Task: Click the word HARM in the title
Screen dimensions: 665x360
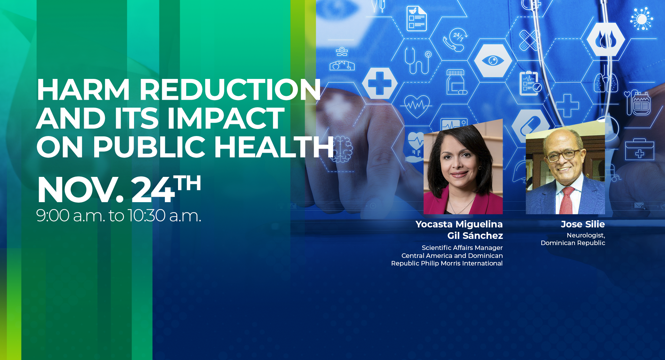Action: pos(83,90)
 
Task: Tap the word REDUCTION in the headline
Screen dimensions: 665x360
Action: pos(230,90)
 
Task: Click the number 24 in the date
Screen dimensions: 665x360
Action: pos(153,190)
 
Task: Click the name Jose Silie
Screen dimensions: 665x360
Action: pos(583,224)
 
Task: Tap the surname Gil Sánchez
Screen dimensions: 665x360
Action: pos(475,236)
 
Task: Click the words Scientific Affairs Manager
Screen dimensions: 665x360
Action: pos(462,248)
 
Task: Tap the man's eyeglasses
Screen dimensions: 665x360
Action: pos(564,155)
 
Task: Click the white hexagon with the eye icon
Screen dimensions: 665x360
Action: pos(493,61)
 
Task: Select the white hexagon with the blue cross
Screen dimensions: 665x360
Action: pos(380,83)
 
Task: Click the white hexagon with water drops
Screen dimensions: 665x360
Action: pos(606,39)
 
